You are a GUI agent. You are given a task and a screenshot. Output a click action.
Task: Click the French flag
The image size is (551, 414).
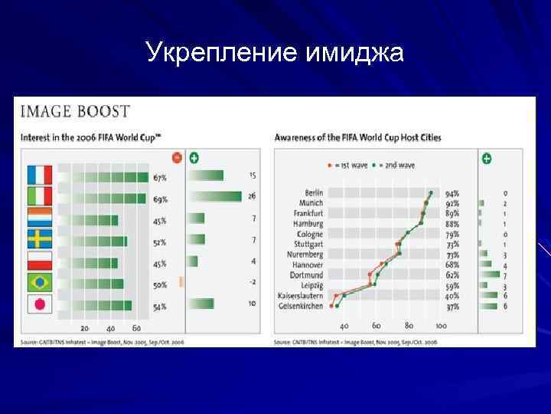(39, 176)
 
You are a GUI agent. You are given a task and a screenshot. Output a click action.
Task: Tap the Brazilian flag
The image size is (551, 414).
(39, 283)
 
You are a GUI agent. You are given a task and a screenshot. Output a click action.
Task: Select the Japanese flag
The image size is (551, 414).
(39, 305)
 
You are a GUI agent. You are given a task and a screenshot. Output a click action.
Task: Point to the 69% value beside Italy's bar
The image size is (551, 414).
(160, 199)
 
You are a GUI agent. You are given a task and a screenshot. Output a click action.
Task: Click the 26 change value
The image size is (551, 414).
(252, 197)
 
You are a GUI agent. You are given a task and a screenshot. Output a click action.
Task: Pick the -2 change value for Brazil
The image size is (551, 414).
(252, 282)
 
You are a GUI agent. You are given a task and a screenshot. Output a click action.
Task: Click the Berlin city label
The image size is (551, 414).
(314, 193)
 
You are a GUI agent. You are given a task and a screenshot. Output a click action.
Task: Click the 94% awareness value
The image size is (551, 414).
(452, 193)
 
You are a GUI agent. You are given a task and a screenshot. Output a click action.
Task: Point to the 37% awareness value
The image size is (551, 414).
(452, 306)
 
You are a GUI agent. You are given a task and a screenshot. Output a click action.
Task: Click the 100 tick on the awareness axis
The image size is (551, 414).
(442, 325)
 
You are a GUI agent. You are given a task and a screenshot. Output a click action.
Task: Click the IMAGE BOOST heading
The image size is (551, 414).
(75, 112)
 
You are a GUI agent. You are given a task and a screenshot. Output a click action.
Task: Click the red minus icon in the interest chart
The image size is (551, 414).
(177, 158)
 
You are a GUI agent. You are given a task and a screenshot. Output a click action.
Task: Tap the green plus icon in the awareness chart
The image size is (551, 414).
(487, 159)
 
